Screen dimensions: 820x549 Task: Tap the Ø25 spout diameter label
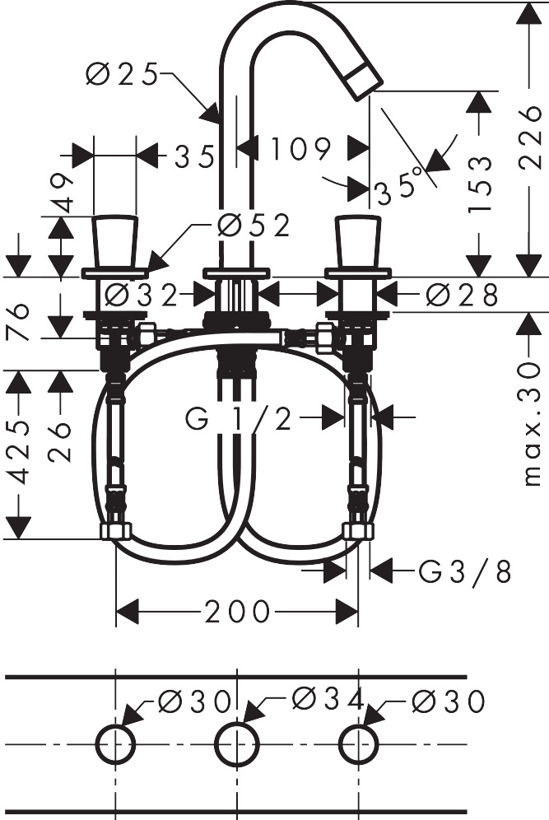123,75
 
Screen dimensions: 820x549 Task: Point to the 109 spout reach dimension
300,149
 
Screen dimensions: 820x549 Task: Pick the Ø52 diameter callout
254,225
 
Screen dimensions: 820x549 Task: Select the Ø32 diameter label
141,294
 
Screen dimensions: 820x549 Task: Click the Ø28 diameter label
463,294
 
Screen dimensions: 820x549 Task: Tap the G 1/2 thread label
240,420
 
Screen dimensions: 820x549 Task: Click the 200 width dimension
237,611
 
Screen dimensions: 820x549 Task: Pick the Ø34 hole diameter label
328,700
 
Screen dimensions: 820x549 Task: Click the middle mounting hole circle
237,745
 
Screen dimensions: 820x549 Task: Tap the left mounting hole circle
116,745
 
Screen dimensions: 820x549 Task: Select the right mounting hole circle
359,745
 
